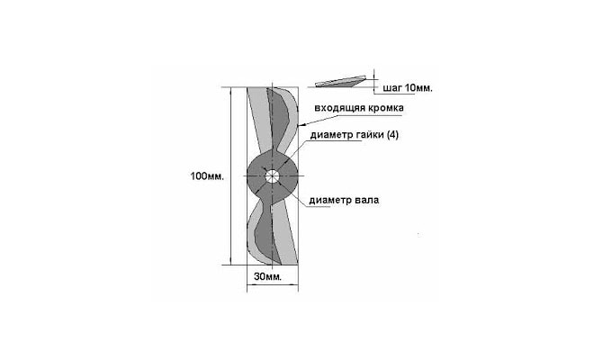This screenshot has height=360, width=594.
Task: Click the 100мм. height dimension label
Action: pyautogui.click(x=207, y=176)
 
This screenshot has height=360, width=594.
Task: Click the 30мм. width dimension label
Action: pyautogui.click(x=268, y=276)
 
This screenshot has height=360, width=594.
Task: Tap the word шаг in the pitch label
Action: pyautogui.click(x=392, y=89)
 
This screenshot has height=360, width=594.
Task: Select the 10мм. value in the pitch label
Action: pyautogui.click(x=418, y=88)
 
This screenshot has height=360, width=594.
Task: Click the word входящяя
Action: pyautogui.click(x=340, y=108)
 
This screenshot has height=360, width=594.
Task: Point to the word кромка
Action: pyautogui.click(x=386, y=108)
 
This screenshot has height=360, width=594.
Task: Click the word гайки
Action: pyautogui.click(x=373, y=135)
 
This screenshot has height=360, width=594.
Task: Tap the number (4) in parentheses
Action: pyautogui.click(x=392, y=135)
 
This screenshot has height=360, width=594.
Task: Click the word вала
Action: pyautogui.click(x=367, y=200)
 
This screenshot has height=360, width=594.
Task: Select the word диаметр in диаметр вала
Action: pyautogui.click(x=330, y=201)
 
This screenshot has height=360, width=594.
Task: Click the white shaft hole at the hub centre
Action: pyautogui.click(x=272, y=175)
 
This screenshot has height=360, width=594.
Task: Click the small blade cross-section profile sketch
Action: pyautogui.click(x=341, y=82)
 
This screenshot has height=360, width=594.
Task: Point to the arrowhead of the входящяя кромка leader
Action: pyautogui.click(x=301, y=125)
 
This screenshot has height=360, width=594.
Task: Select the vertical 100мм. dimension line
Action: pyautogui.click(x=230, y=176)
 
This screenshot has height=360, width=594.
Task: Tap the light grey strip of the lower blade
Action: pyautogui.click(x=285, y=235)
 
